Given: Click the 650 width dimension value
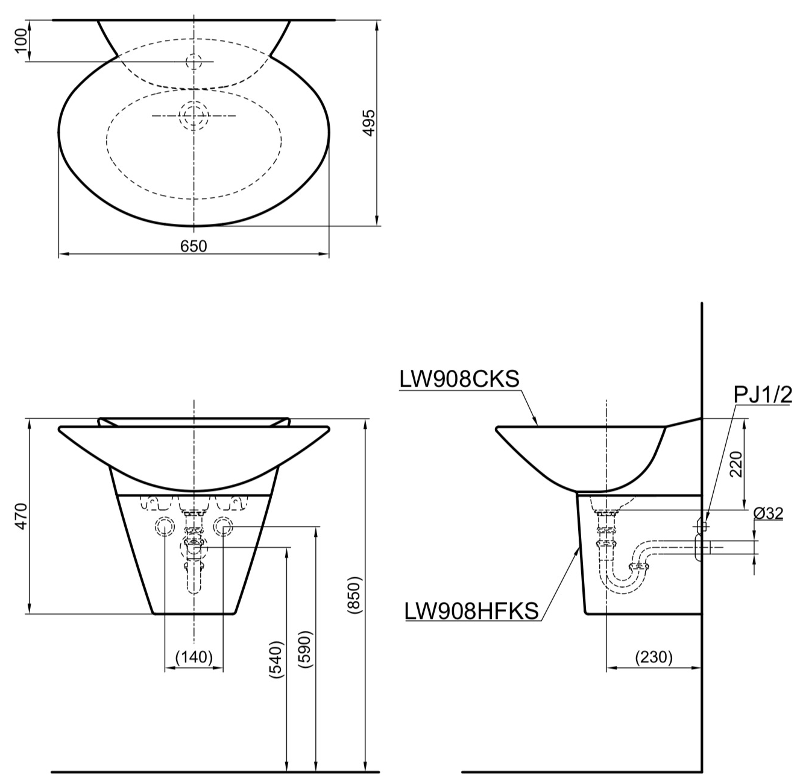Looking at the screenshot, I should pyautogui.click(x=194, y=246).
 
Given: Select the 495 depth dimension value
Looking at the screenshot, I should pyautogui.click(x=368, y=122).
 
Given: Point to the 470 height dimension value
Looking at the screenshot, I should pyautogui.click(x=22, y=516).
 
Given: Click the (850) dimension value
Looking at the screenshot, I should pyautogui.click(x=355, y=595).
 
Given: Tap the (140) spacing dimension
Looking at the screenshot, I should pyautogui.click(x=194, y=657).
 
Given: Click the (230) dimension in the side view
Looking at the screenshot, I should pyautogui.click(x=654, y=657).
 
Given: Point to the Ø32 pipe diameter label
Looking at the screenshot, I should pyautogui.click(x=768, y=513).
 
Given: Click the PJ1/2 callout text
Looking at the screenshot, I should pyautogui.click(x=763, y=395).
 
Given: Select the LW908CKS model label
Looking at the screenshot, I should pyautogui.click(x=459, y=379).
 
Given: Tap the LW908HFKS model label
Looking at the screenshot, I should pyautogui.click(x=471, y=611).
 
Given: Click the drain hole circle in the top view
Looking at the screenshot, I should pyautogui.click(x=194, y=115).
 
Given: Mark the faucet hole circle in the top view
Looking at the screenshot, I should pyautogui.click(x=194, y=61).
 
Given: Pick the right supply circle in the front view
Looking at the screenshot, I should pyautogui.click(x=223, y=527).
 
